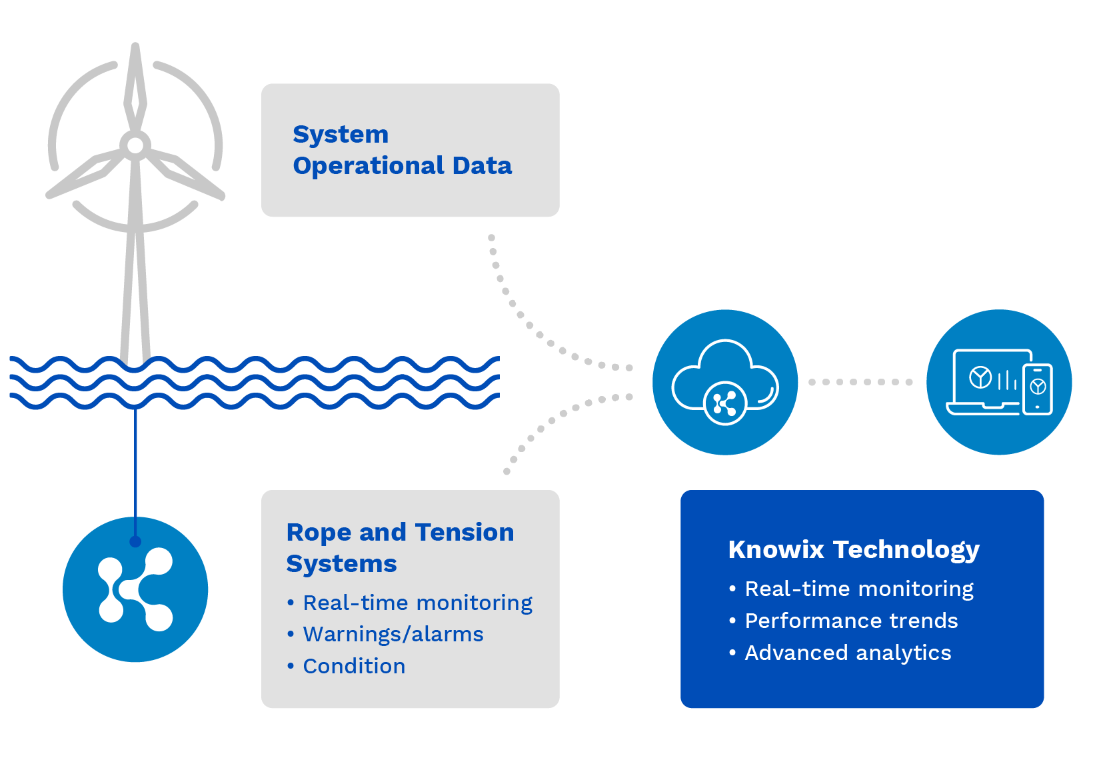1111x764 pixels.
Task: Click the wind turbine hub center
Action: point(135,145)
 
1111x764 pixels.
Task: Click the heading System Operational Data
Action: point(402,150)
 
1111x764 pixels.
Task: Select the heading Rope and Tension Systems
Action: point(400,547)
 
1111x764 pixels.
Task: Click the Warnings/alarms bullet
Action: point(393,634)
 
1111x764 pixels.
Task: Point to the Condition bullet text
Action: point(354,666)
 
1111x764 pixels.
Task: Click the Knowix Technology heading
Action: point(854,549)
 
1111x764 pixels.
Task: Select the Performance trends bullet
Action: point(851,621)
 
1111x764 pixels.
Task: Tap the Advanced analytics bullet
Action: point(848,653)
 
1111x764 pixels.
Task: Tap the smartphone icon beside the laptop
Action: point(1038,389)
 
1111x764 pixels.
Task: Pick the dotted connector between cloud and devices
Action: point(860,382)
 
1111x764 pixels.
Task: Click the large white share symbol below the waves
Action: point(136,590)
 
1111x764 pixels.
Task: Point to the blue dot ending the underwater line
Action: point(135,541)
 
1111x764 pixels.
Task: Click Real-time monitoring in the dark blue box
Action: point(859,589)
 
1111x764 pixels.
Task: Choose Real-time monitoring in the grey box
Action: point(417,603)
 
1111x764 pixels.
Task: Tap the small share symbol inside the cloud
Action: point(724,403)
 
